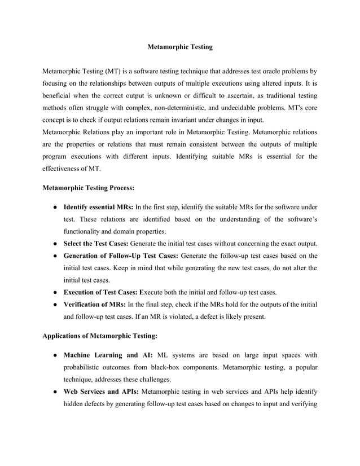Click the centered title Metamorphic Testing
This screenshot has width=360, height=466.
pos(179,47)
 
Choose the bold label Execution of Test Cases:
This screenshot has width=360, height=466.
pos(102,292)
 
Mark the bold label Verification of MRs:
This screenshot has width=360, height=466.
pos(95,304)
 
